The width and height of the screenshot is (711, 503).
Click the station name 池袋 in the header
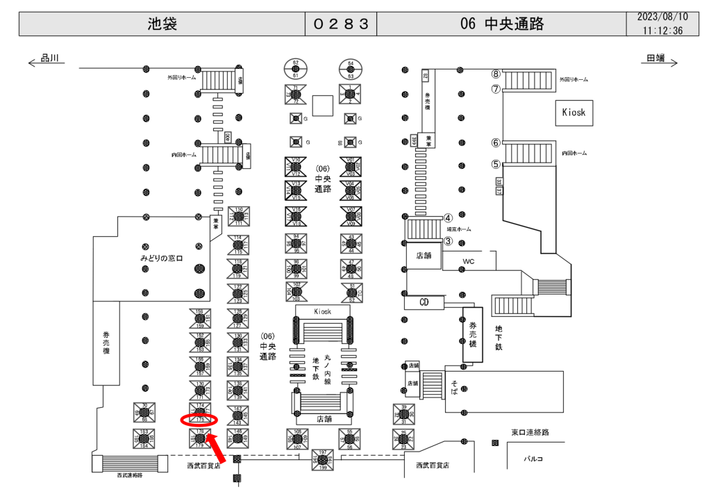tap(162, 24)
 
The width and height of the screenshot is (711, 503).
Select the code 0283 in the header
tap(341, 24)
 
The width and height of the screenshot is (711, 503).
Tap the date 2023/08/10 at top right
tap(662, 17)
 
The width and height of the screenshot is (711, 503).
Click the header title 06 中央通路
tap(501, 24)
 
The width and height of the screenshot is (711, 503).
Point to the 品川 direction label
tap(51, 60)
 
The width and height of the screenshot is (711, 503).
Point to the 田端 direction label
tap(655, 60)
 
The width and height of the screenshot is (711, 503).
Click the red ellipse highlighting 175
tap(199, 420)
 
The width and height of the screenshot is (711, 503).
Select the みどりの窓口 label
tap(160, 258)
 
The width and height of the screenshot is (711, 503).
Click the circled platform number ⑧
tap(496, 74)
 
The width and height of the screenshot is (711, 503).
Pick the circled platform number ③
tap(449, 241)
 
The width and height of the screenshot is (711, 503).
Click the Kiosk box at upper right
tap(574, 112)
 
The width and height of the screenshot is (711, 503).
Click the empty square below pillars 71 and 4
tap(322, 106)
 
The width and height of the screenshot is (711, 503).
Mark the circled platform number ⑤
tap(496, 165)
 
